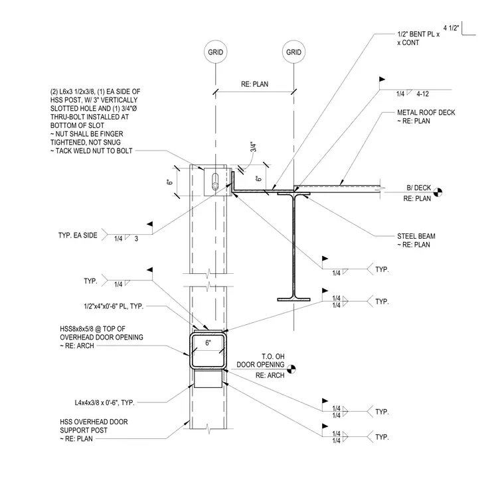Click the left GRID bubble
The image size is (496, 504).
[215, 52]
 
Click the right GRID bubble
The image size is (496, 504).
[293, 52]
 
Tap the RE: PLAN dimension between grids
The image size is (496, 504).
[254, 84]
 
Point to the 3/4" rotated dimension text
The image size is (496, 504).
[253, 147]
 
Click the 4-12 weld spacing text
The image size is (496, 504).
[422, 94]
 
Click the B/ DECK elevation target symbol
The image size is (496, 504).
[438, 192]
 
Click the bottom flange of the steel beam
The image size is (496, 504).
[293, 300]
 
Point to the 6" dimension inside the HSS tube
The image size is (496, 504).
[208, 343]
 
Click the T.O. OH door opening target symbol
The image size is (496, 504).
[291, 369]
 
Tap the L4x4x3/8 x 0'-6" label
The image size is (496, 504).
[105, 403]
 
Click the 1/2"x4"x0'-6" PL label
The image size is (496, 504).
[114, 306]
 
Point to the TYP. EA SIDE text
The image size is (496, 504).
[78, 235]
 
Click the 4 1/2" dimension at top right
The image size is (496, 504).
[451, 28]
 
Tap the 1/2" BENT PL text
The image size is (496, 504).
[418, 34]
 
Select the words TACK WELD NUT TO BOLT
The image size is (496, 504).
[94, 151]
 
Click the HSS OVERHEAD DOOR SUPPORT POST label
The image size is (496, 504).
[94, 430]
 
